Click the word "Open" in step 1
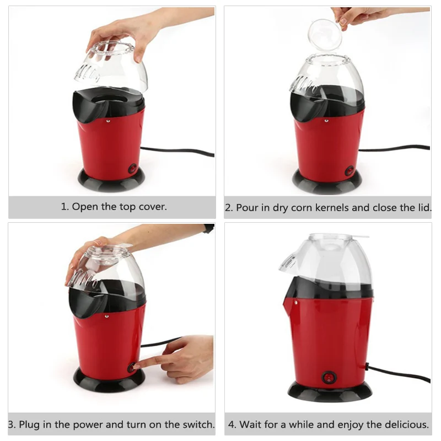point(85,207)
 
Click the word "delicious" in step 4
point(407,424)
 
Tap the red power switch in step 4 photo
point(328,378)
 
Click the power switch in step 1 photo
point(132,169)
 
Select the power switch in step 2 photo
point(349,171)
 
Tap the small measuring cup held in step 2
point(325,34)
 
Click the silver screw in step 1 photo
point(107,121)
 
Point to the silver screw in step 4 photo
point(295,303)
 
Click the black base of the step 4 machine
point(330,391)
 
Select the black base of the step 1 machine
point(111,180)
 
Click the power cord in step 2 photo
point(394,148)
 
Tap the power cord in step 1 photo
point(177,151)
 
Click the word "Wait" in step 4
point(251,424)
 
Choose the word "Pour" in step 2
point(247,208)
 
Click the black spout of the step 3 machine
point(86,303)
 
